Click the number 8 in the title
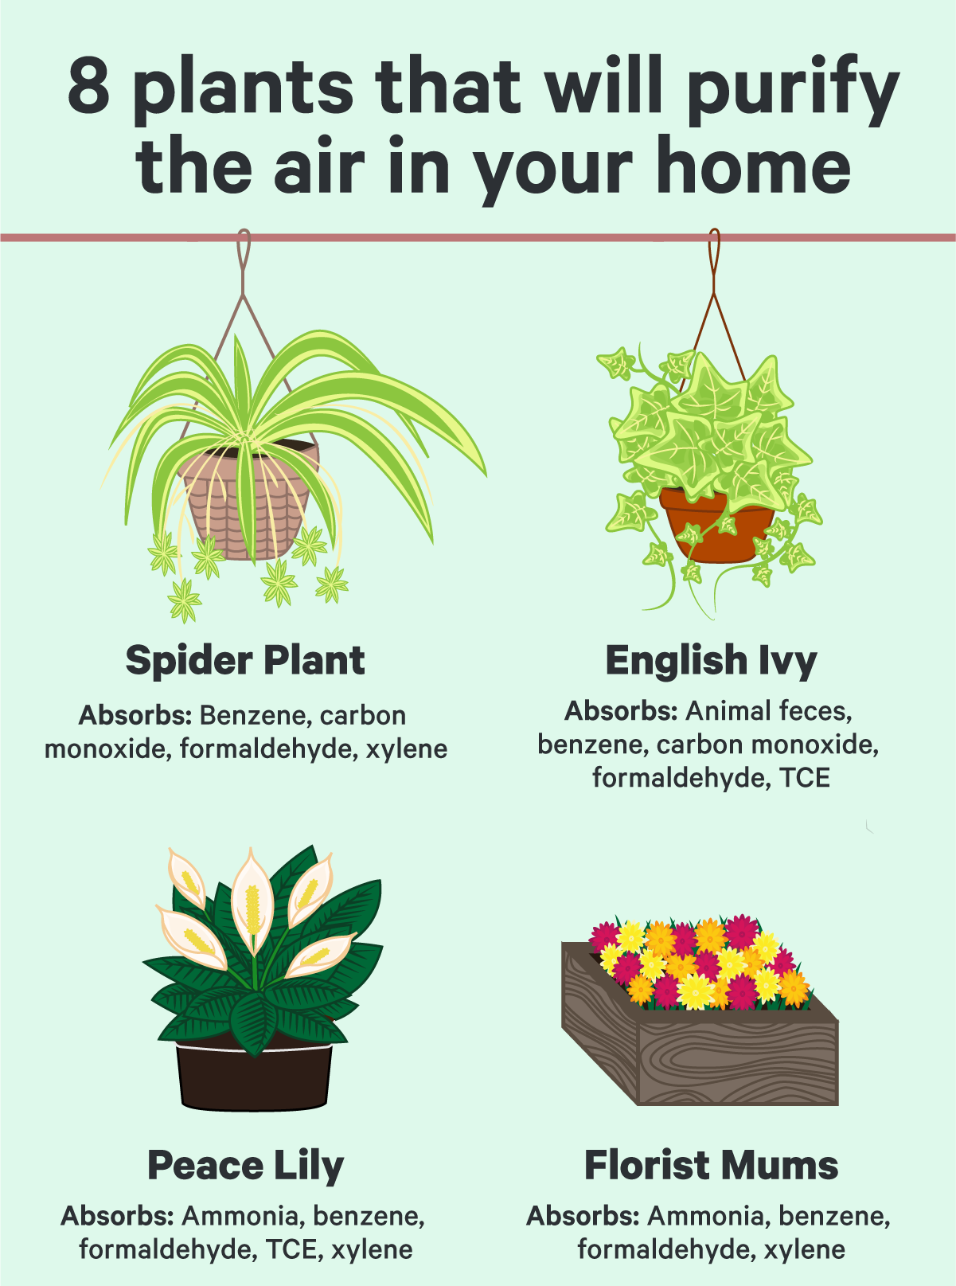point(89,86)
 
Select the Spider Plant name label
point(245,661)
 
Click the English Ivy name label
point(712,661)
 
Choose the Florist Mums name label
point(712,1165)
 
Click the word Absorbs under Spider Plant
point(135,716)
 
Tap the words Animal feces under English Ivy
point(769,711)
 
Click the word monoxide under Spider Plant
point(107,749)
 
